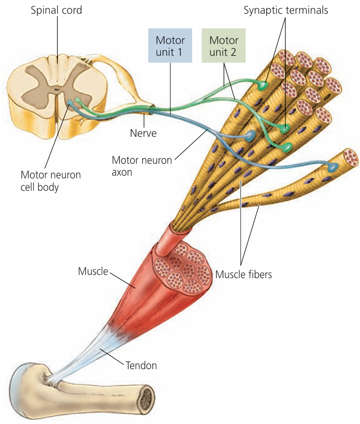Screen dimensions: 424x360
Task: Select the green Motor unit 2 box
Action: pos(223,46)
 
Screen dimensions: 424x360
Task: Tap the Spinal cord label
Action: pos(56,10)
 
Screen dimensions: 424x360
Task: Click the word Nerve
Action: pos(143,134)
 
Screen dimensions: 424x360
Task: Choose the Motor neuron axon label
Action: pos(142,166)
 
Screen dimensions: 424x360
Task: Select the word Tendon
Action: pos(141,365)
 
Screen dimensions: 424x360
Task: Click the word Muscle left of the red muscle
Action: pos(92,271)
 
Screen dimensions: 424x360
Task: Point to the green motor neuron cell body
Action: pos(79,100)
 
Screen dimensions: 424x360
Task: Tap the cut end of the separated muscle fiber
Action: pos(351,156)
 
